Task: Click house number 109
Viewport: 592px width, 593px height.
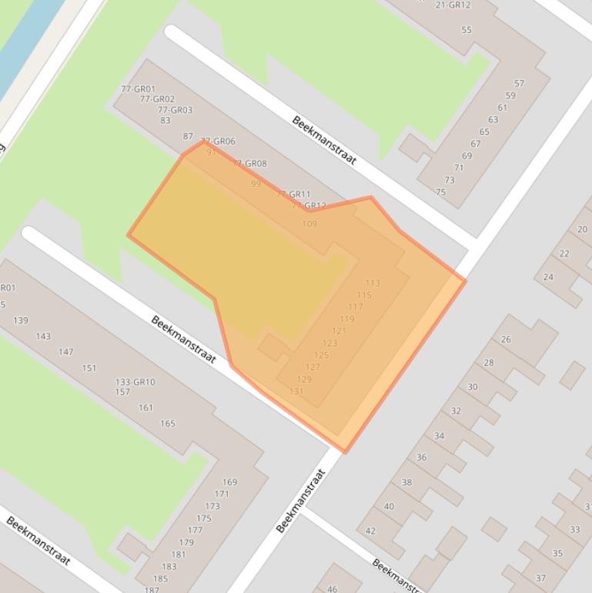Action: [x=309, y=224]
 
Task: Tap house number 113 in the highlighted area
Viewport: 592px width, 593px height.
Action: [x=373, y=283]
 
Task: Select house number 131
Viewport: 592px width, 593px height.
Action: [x=296, y=391]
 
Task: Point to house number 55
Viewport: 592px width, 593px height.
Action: [x=467, y=30]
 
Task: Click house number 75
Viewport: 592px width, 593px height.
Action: [x=440, y=193]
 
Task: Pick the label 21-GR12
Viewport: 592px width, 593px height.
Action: [x=453, y=5]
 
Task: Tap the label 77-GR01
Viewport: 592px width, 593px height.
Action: [x=138, y=89]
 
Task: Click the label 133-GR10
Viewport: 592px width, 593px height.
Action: [x=135, y=382]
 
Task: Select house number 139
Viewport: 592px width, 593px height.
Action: [x=21, y=320]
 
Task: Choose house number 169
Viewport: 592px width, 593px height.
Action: [x=229, y=482]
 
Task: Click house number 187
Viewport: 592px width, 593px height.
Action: [x=152, y=590]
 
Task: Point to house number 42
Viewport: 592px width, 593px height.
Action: [x=370, y=531]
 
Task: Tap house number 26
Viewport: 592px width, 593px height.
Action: [x=506, y=340]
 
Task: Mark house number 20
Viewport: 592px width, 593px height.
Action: [x=582, y=229]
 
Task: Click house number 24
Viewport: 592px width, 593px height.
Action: [x=548, y=277]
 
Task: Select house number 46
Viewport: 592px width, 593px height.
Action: [x=332, y=589]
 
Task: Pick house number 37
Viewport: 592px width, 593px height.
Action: [x=540, y=578]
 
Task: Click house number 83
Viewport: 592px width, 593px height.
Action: [x=166, y=120]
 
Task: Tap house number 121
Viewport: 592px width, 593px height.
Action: [x=339, y=331]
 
